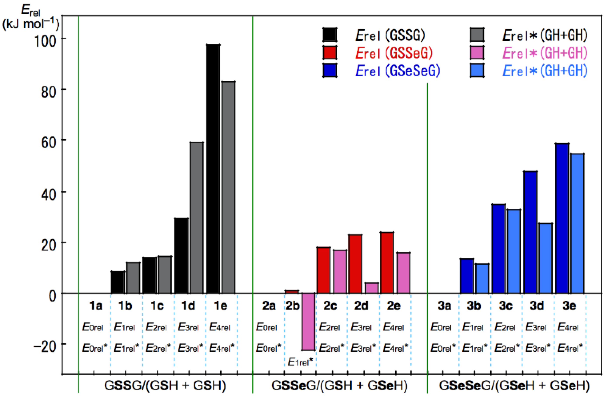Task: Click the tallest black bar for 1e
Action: [x=213, y=169]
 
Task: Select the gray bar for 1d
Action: [x=196, y=218]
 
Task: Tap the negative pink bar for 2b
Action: [x=308, y=322]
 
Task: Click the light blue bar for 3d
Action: [x=546, y=258]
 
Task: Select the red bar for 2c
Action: [x=323, y=270]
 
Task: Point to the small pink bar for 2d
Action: [x=372, y=288]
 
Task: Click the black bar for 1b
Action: [x=118, y=282]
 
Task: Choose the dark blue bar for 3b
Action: [x=467, y=276]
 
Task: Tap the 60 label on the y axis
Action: [x=48, y=142]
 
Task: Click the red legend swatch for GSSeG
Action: [x=330, y=53]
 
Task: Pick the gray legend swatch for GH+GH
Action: [x=477, y=35]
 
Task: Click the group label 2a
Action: [x=269, y=306]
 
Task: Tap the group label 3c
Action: [x=506, y=306]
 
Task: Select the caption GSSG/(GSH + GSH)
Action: [x=165, y=386]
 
